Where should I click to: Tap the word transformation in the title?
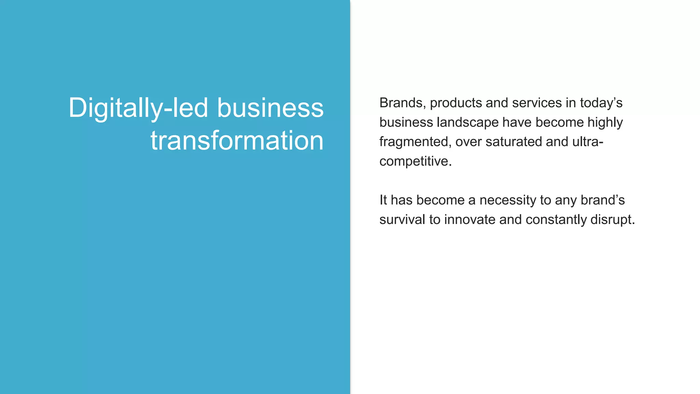coord(237,141)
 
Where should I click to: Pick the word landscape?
coord(468,122)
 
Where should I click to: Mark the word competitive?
coord(415,161)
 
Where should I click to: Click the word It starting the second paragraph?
coord(383,200)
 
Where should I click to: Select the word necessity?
coord(508,200)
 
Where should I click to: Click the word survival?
coord(402,220)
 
